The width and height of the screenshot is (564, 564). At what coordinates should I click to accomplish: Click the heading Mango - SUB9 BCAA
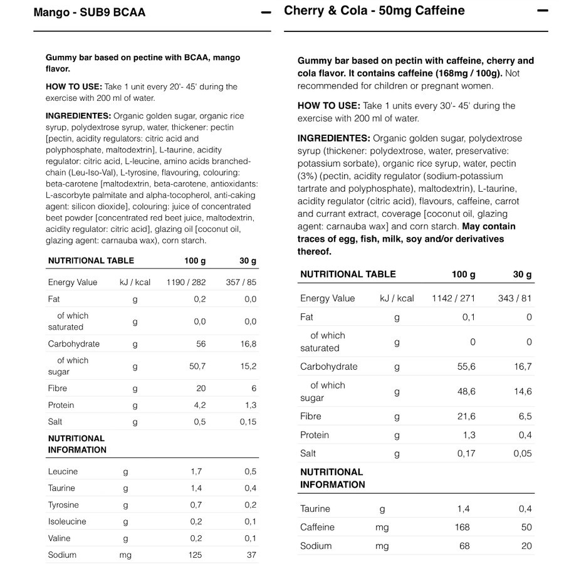point(90,13)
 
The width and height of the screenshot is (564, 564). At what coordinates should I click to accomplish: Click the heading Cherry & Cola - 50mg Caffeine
point(374,11)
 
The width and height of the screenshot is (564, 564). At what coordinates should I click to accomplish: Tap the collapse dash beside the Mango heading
point(266,13)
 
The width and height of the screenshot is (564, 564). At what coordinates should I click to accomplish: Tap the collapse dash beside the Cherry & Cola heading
point(543,11)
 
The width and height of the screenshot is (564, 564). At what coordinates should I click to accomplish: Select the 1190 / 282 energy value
point(185,282)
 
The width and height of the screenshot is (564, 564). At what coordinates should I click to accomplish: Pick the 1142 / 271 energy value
point(454,298)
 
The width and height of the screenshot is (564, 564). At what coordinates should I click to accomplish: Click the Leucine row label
point(63,471)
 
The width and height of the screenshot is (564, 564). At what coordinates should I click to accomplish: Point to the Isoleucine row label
point(66,521)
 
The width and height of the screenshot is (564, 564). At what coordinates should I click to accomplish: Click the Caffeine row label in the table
point(317,527)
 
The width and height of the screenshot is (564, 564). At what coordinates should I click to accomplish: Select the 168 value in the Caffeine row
point(462,527)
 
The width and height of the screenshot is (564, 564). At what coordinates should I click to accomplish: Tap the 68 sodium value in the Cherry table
point(464,546)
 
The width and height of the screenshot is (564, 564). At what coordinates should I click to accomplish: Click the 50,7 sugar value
point(197,367)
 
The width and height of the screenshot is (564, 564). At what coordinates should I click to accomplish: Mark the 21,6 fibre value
point(466,416)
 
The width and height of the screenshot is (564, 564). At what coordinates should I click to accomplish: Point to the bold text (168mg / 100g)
point(467,73)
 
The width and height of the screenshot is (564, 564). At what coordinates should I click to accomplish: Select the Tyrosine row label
point(63,505)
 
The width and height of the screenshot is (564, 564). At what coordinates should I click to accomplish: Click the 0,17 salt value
point(466,453)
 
